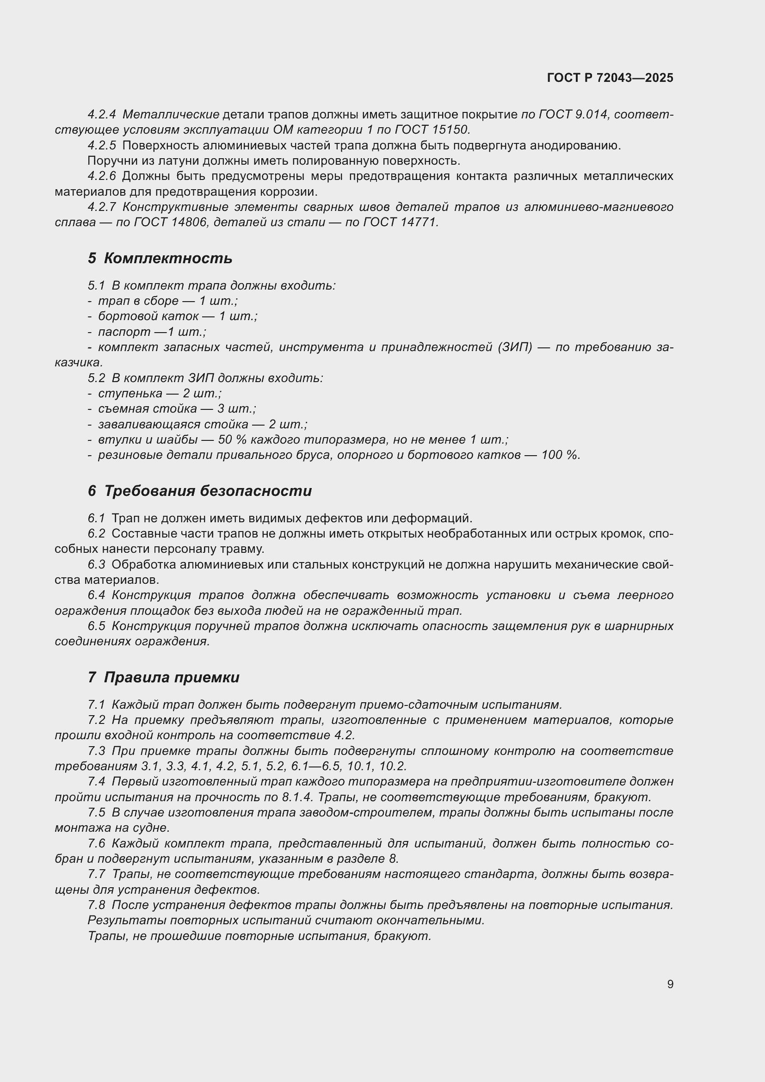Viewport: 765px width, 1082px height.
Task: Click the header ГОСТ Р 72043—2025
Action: pyautogui.click(x=610, y=78)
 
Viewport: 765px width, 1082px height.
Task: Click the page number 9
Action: pyautogui.click(x=670, y=984)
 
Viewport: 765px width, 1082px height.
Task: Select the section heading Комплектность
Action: pyautogui.click(x=168, y=258)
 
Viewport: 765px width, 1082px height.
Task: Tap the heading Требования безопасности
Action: pyautogui.click(x=208, y=491)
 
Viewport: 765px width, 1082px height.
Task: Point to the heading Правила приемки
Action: pyautogui.click(x=172, y=677)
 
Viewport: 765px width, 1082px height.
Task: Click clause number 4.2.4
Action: pyautogui.click(x=102, y=115)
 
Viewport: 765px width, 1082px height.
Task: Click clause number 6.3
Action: pyautogui.click(x=97, y=564)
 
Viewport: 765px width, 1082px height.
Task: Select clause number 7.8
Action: pyautogui.click(x=97, y=905)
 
